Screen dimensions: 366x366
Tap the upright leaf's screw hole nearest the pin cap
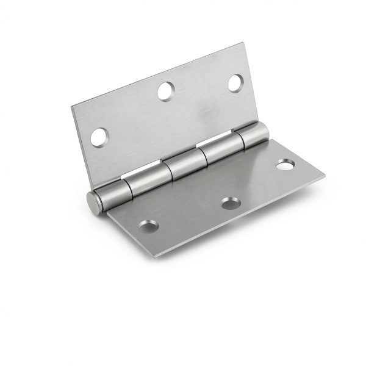click(98, 137)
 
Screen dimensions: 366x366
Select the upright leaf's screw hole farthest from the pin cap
click(235, 82)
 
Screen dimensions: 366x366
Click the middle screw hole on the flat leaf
click(230, 203)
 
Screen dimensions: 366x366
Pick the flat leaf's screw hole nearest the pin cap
click(148, 226)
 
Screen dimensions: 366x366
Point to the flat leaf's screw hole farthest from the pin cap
click(284, 165)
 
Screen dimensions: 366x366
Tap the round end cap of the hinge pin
click(92, 202)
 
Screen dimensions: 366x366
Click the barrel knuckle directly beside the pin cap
click(110, 193)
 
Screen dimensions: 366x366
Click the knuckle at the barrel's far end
click(256, 135)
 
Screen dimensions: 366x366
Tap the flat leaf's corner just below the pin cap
click(108, 212)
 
